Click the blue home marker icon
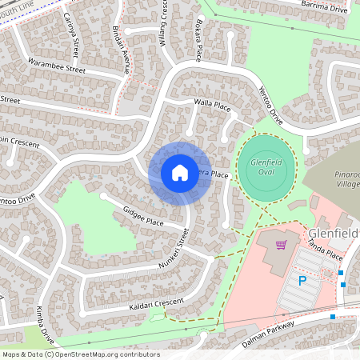[x=179, y=173]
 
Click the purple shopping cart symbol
[x=281, y=245]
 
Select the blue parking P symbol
[x=302, y=281]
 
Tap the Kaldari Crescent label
[x=155, y=305]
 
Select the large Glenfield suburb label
[x=333, y=232]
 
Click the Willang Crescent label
[x=164, y=22]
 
